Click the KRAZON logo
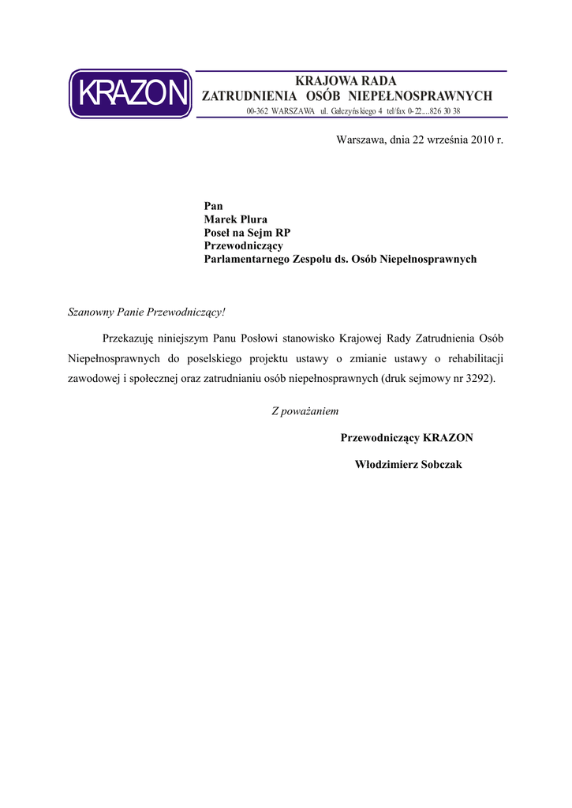130,94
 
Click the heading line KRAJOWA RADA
346,80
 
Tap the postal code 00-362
256,111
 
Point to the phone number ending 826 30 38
446,111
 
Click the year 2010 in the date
482,140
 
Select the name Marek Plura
236,219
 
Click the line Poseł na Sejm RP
248,233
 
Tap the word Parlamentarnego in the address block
245,259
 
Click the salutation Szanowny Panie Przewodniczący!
148,312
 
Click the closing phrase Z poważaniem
305,411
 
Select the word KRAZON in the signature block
448,437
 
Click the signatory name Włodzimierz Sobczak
409,464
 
